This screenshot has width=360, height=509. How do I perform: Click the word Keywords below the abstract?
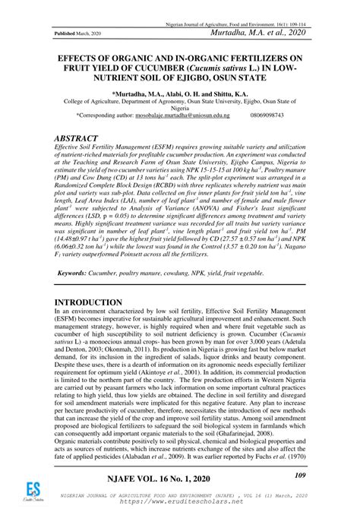(x=76, y=271)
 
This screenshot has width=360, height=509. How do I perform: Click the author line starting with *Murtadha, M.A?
(x=179, y=93)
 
